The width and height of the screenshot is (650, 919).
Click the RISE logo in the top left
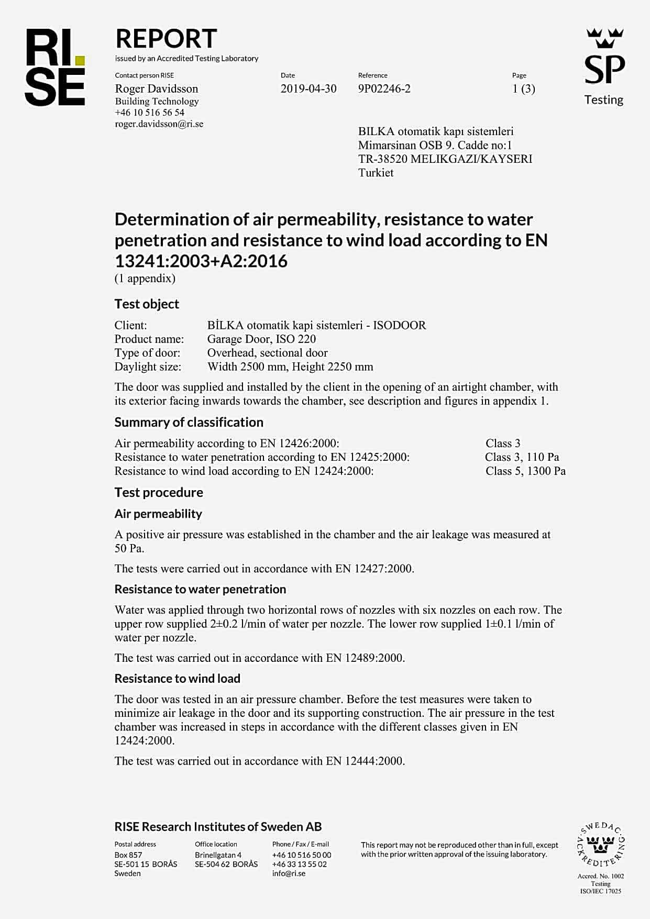click(x=55, y=67)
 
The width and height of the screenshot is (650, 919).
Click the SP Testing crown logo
click(x=604, y=65)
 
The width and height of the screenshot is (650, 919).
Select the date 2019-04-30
click(x=308, y=88)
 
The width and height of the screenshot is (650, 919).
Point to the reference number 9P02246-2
click(x=384, y=88)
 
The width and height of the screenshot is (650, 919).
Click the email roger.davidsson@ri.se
click(x=159, y=124)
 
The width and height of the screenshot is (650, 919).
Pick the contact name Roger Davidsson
click(x=157, y=88)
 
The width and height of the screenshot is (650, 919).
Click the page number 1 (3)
click(x=523, y=88)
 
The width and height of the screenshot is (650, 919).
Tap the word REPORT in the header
click(x=166, y=39)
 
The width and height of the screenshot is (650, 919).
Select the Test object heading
click(x=147, y=304)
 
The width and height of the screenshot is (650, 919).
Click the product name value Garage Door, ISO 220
click(x=261, y=339)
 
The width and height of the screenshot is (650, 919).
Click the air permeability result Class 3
click(x=503, y=443)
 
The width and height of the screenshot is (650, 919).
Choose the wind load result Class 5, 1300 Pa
click(x=525, y=471)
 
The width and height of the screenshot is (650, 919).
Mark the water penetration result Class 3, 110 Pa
click(x=522, y=457)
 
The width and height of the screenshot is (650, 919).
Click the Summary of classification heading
click(x=189, y=423)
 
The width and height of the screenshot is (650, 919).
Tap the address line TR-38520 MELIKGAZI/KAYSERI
click(x=445, y=159)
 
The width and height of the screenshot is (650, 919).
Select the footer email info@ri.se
click(x=289, y=873)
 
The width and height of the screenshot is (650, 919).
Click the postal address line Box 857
click(x=128, y=855)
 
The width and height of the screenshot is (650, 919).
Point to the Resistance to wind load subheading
click(x=177, y=679)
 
